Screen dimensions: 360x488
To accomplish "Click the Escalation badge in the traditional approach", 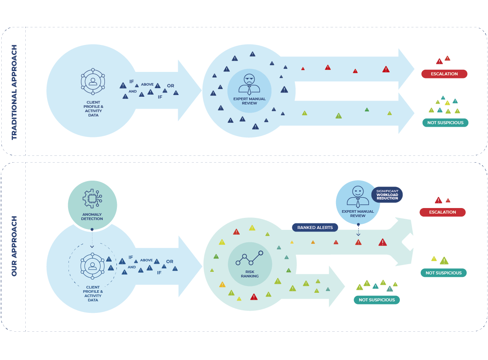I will coord(444,74).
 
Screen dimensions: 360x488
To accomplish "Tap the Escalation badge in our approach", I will coord(442,212).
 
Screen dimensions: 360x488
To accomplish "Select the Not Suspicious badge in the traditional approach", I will coord(445,123).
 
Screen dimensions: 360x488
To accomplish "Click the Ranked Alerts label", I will coord(315,227).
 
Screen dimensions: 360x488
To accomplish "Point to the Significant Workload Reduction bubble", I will coord(387,195).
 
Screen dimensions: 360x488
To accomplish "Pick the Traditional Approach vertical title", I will coord(14,92).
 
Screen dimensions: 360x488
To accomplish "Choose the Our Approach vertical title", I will coord(14,246).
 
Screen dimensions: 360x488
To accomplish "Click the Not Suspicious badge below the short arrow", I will coord(377,300).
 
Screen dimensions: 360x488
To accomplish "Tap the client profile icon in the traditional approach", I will coord(93,81).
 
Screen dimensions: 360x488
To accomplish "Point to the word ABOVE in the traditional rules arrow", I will coord(147,84).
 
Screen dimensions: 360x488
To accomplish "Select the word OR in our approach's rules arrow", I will coord(170,262).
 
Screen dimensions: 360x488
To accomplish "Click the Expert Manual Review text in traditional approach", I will coord(249,101).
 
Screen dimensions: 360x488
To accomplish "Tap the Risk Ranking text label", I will coord(250,274).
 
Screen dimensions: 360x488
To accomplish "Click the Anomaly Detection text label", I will coord(92,217).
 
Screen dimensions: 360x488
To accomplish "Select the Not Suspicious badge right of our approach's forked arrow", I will coord(443,273).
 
